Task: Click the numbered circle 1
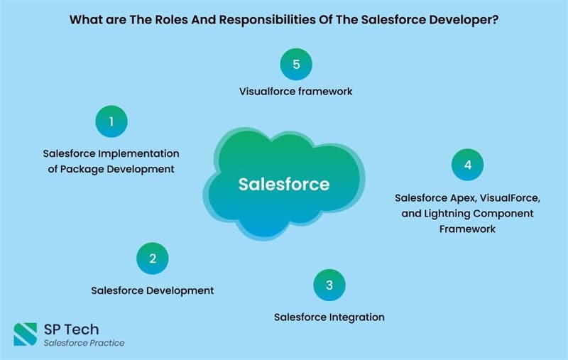point(111,121)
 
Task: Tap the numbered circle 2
point(153,258)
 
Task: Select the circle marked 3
point(329,285)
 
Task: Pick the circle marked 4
point(468,165)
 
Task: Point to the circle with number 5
point(296,64)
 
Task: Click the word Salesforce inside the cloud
point(284,184)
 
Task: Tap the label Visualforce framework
point(295,92)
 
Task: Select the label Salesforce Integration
point(329,317)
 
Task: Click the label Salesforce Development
point(153,290)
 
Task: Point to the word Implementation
point(138,153)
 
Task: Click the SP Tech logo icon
point(26,334)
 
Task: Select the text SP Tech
point(72,329)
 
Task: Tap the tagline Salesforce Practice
point(84,343)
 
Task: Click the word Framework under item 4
point(467,229)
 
